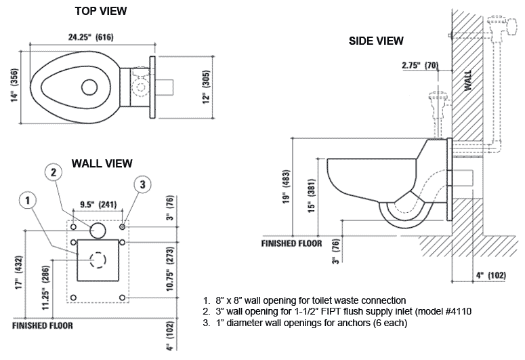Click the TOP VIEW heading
(x=101, y=11)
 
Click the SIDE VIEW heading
(x=376, y=41)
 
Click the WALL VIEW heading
(x=102, y=163)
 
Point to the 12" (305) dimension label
(x=205, y=87)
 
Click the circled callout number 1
(x=28, y=200)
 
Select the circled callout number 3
(x=141, y=184)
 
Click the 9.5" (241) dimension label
(x=98, y=203)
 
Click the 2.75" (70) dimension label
(x=420, y=65)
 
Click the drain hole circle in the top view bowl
(x=89, y=87)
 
